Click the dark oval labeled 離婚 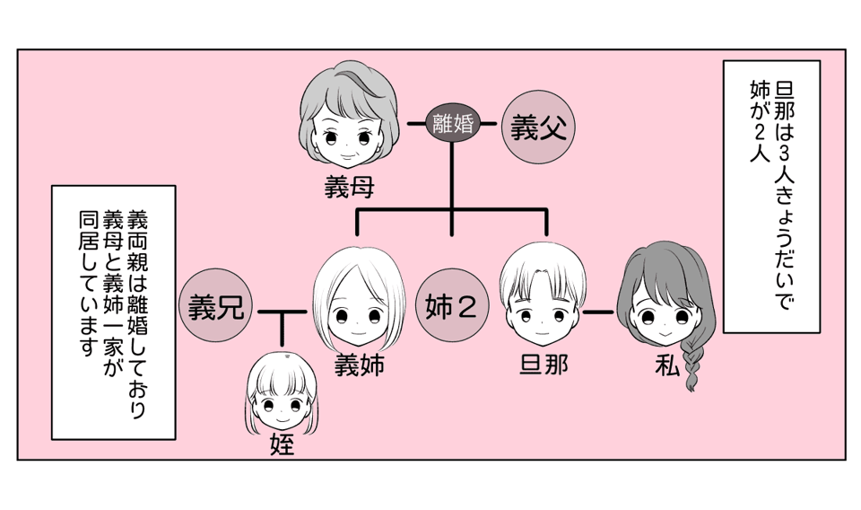pos(452,123)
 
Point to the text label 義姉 pos(359,365)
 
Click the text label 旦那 pos(544,365)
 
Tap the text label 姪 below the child pos(282,444)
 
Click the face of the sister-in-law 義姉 pos(357,310)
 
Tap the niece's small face pos(281,406)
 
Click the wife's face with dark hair pos(665,314)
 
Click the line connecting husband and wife pos(597,313)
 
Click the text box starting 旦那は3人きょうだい pos(770,198)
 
